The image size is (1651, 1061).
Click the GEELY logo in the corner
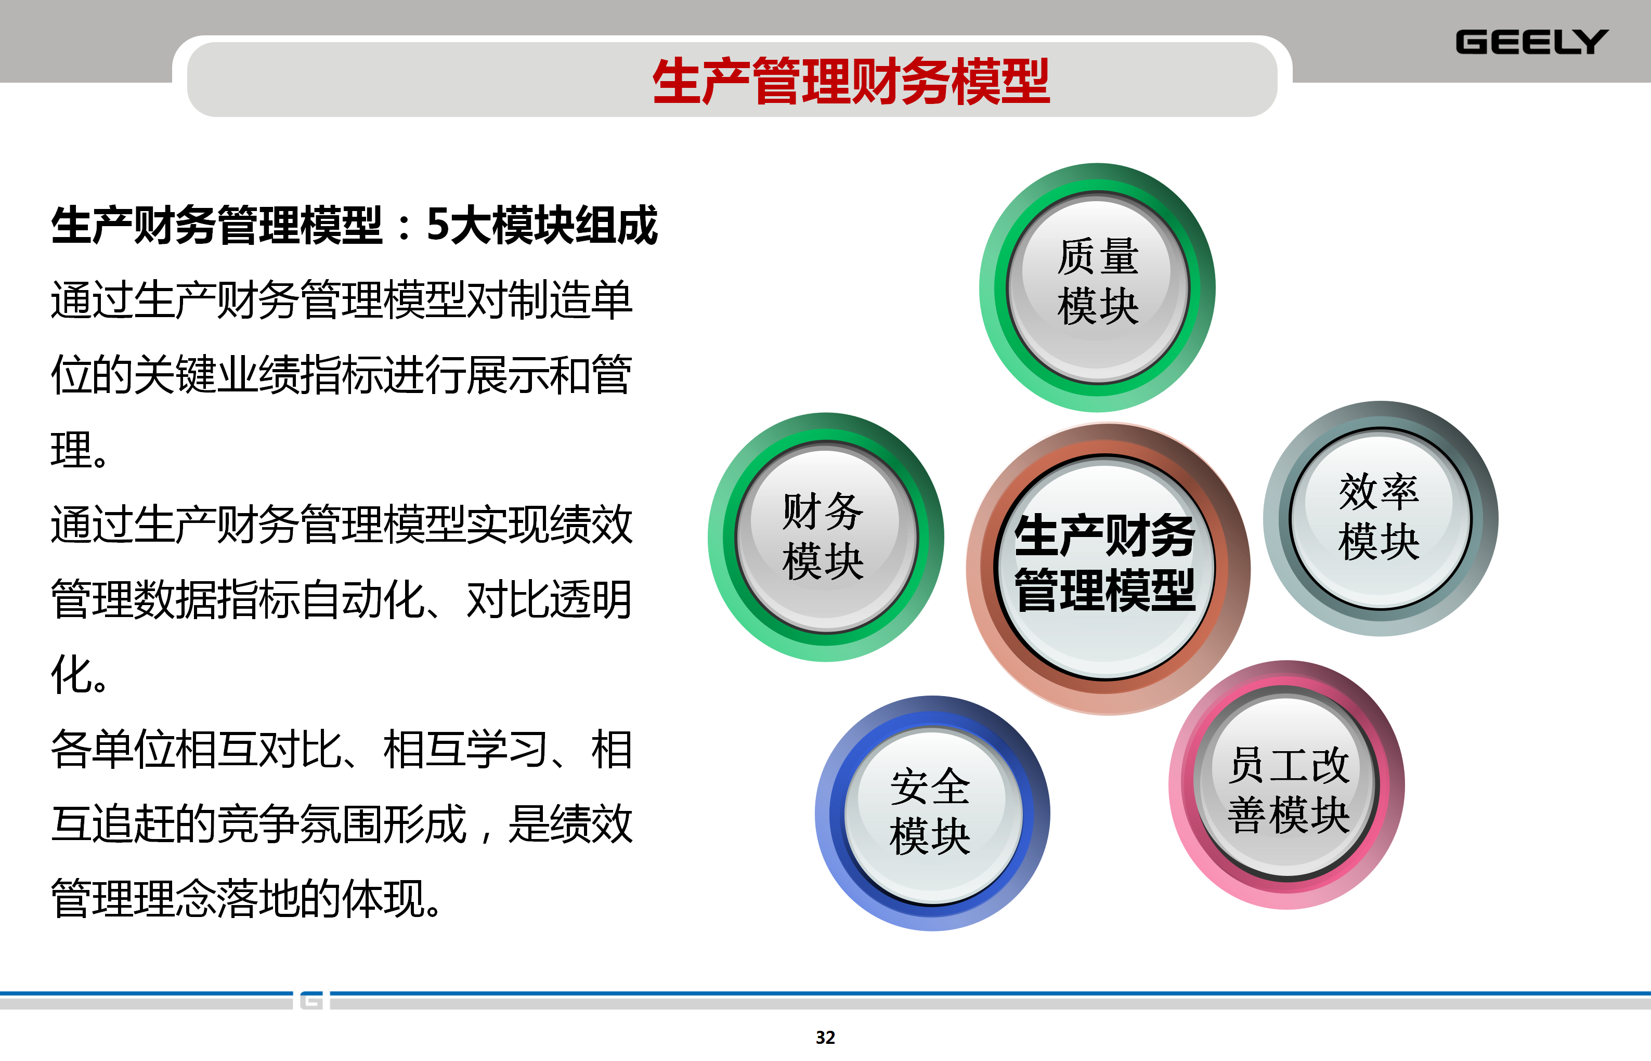pos(1531,42)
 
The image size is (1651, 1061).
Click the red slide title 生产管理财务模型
pos(851,81)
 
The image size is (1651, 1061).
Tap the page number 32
pos(826,1038)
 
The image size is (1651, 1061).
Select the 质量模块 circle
pos(1098,287)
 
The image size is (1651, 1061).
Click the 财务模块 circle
pos(826,538)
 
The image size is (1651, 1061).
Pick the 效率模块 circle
pos(1380,518)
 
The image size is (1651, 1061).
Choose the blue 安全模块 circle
pos(932,814)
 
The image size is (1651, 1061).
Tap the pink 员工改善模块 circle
pos(1286,785)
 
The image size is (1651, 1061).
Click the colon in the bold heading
pos(405,227)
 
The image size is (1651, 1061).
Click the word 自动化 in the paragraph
pos(362,599)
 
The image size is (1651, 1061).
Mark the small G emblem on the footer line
pos(311,1000)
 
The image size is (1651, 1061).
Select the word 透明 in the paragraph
pos(591,599)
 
